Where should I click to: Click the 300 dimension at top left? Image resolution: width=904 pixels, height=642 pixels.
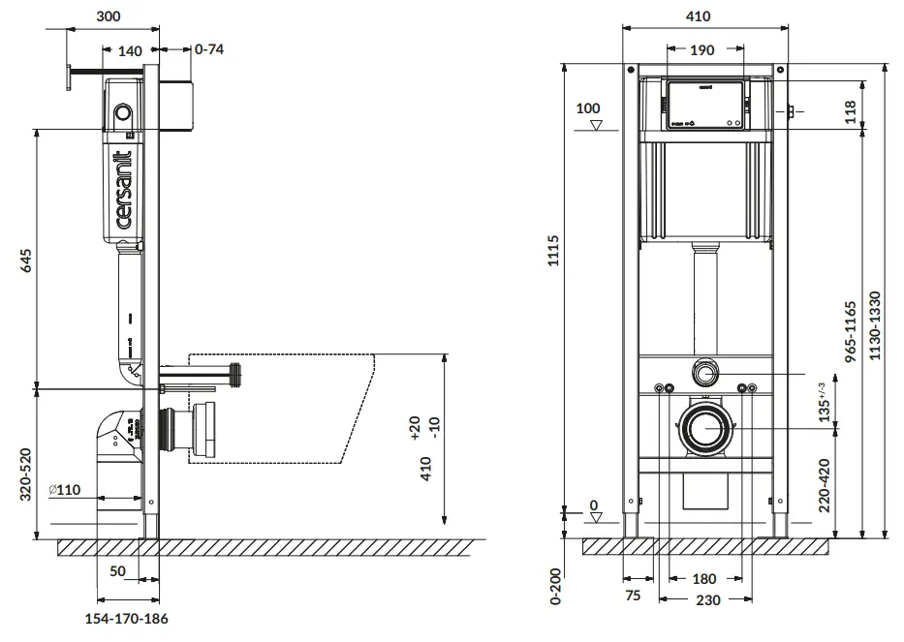(109, 16)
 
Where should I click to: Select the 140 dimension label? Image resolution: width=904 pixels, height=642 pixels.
(130, 50)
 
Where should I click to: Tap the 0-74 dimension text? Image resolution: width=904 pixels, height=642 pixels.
(209, 49)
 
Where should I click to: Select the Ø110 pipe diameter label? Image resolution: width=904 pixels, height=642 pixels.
(65, 491)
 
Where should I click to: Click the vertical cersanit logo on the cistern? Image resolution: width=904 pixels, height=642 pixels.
(124, 190)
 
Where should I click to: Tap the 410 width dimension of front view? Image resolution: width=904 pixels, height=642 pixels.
(698, 16)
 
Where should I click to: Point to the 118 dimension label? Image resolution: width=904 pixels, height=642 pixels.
(850, 110)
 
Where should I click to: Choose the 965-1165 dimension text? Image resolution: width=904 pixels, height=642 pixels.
(850, 331)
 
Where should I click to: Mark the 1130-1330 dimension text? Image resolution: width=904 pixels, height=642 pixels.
(875, 326)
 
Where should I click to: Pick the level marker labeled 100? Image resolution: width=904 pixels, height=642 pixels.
(588, 109)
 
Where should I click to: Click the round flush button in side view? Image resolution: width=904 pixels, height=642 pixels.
(122, 112)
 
